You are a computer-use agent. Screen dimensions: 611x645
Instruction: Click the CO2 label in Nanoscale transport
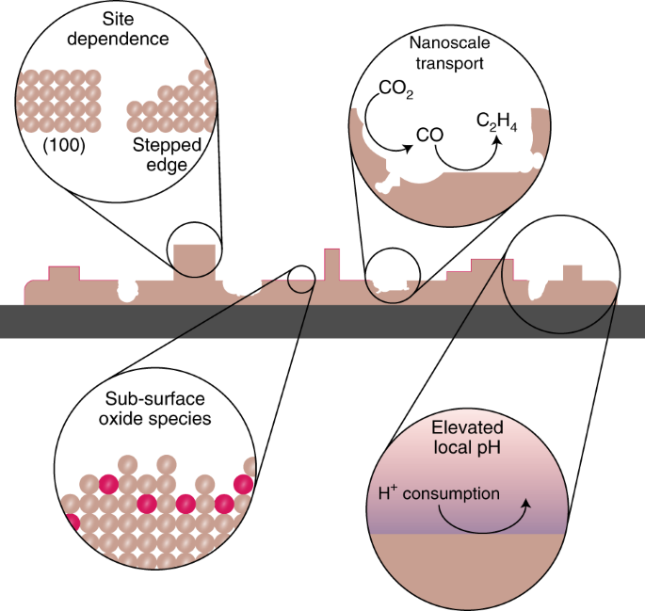point(395,91)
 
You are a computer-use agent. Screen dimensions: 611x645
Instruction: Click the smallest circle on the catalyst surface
point(301,278)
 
